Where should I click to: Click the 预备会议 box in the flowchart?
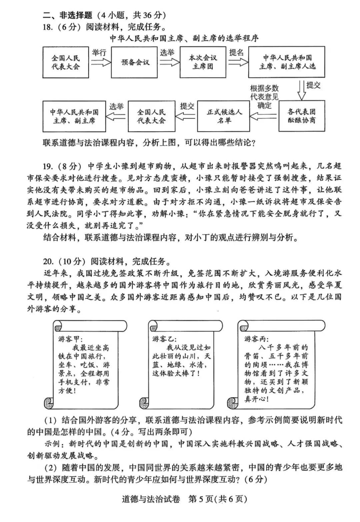135,62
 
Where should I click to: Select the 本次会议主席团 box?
203,62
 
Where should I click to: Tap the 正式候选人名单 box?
223,116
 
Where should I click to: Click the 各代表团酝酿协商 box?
301,116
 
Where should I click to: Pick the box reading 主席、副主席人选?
286,62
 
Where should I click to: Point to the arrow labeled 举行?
100,62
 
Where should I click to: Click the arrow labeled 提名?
237,62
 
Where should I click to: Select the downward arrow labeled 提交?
301,89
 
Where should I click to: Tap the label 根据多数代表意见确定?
264,97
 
